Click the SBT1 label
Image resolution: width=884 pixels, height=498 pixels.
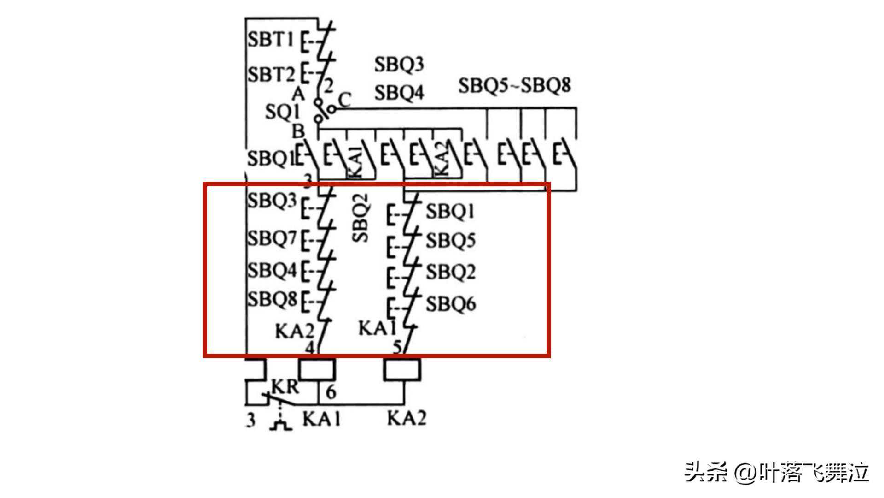pos(270,39)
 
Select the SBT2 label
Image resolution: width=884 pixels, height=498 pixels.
pos(271,74)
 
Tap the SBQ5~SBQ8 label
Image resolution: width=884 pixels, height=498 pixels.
pos(514,85)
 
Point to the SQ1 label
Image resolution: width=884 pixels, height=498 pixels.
pos(282,112)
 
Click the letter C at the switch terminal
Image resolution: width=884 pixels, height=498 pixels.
pos(344,99)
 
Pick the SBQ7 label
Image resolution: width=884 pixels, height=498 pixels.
pos(272,239)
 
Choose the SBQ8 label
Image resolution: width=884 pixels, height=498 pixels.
pos(272,299)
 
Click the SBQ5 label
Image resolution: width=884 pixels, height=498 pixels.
pos(450,241)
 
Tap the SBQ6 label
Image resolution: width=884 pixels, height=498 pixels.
pos(450,304)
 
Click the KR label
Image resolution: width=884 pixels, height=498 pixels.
pos(285,386)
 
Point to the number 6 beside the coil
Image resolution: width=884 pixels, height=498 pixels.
pos(331,392)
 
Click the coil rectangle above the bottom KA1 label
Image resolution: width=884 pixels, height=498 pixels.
pos(317,370)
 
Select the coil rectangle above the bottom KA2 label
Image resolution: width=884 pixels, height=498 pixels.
pos(402,370)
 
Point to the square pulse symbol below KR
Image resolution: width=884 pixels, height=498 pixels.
pos(280,425)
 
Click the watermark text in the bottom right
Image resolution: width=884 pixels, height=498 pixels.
pos(776,472)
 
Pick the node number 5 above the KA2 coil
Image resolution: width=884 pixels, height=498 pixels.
pos(397,347)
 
